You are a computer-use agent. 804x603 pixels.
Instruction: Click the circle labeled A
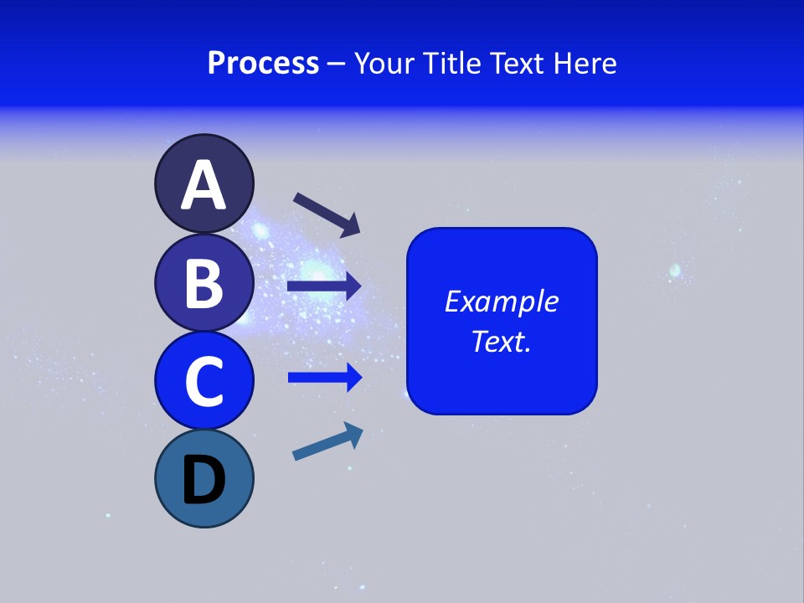pyautogui.click(x=204, y=183)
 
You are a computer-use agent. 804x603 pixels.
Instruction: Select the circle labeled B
pyautogui.click(x=204, y=282)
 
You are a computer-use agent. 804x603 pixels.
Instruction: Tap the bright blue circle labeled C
pyautogui.click(x=204, y=381)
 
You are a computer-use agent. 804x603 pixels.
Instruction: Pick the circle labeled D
pyautogui.click(x=204, y=478)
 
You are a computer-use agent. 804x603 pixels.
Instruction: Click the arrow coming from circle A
pyautogui.click(x=327, y=214)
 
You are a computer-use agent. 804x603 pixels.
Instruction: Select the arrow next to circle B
pyautogui.click(x=324, y=286)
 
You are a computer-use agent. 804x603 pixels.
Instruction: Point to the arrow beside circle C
pyautogui.click(x=324, y=378)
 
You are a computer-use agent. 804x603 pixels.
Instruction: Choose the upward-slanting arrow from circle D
pyautogui.click(x=327, y=441)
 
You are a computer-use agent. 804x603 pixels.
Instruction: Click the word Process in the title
pyautogui.click(x=263, y=64)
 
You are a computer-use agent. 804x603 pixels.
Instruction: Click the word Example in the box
pyautogui.click(x=501, y=301)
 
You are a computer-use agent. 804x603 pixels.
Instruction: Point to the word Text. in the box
pyautogui.click(x=501, y=342)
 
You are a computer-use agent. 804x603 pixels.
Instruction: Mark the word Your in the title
pyautogui.click(x=383, y=64)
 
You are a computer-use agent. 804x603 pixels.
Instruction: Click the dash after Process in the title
pyautogui.click(x=336, y=64)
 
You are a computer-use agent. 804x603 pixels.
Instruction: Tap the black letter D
pyautogui.click(x=204, y=482)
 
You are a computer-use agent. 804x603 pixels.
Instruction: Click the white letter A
pyautogui.click(x=204, y=185)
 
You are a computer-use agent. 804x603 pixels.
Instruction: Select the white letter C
pyautogui.click(x=204, y=382)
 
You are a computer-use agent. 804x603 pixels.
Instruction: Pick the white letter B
pyautogui.click(x=204, y=283)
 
